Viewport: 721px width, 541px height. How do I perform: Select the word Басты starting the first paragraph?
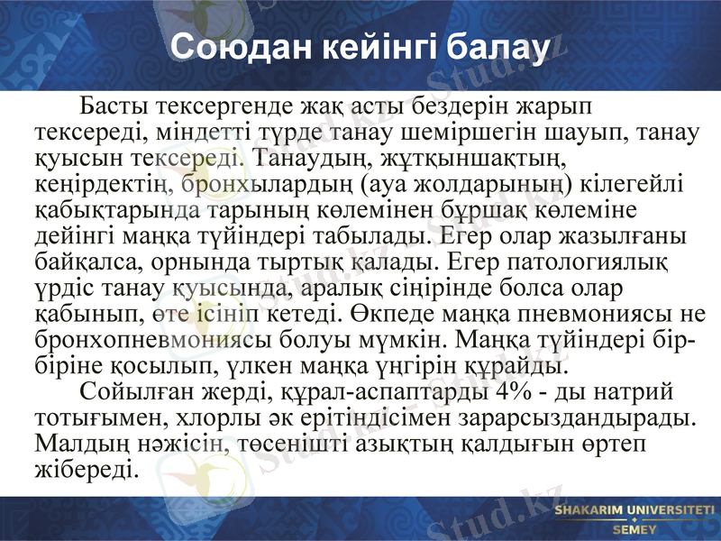point(114,107)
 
